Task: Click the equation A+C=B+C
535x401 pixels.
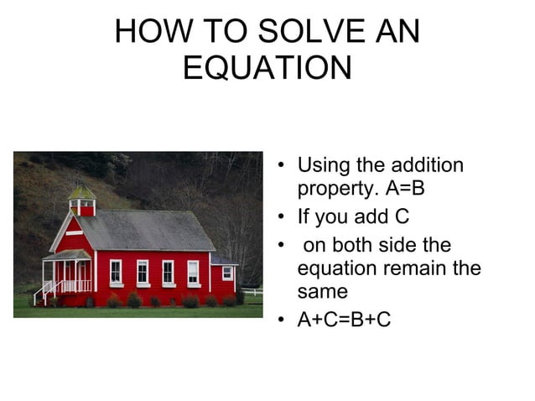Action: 344,320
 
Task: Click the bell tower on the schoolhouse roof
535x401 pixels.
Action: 82,200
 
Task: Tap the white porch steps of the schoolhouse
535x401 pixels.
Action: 43,293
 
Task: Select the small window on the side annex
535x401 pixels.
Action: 227,273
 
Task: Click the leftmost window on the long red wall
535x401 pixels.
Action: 116,271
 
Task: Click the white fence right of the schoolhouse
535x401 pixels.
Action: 252,292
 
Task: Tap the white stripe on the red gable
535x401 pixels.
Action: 74,232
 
